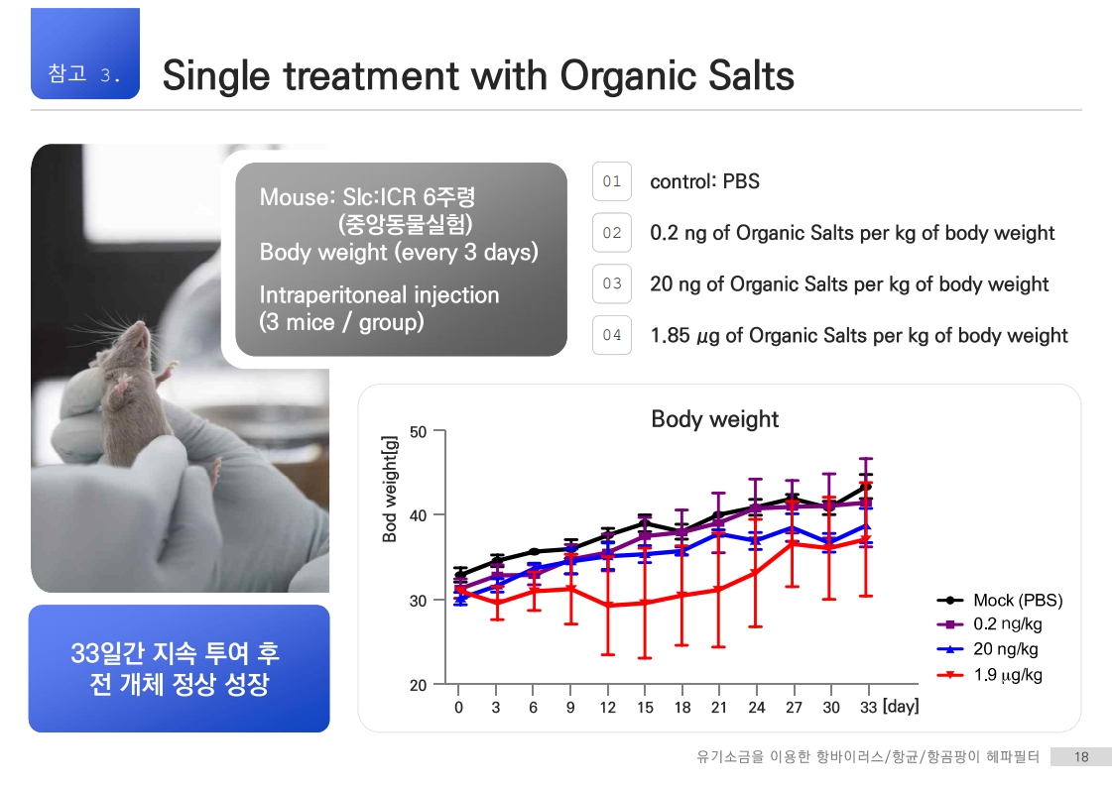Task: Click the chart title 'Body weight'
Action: (715, 419)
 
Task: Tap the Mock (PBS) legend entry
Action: (1000, 601)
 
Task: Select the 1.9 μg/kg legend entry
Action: (989, 675)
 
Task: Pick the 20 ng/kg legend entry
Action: (987, 649)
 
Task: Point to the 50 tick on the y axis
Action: (419, 431)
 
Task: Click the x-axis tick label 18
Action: (682, 708)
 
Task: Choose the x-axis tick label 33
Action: (869, 708)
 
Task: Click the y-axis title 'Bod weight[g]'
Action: (389, 489)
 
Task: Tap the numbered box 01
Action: (612, 181)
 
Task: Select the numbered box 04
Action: (612, 335)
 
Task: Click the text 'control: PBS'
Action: (704, 181)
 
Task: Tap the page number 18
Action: (1081, 757)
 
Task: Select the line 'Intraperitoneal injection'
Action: (379, 294)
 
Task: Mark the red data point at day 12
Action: (608, 606)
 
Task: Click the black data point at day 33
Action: (866, 487)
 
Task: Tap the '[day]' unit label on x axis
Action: (900, 707)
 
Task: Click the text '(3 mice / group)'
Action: (342, 322)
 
